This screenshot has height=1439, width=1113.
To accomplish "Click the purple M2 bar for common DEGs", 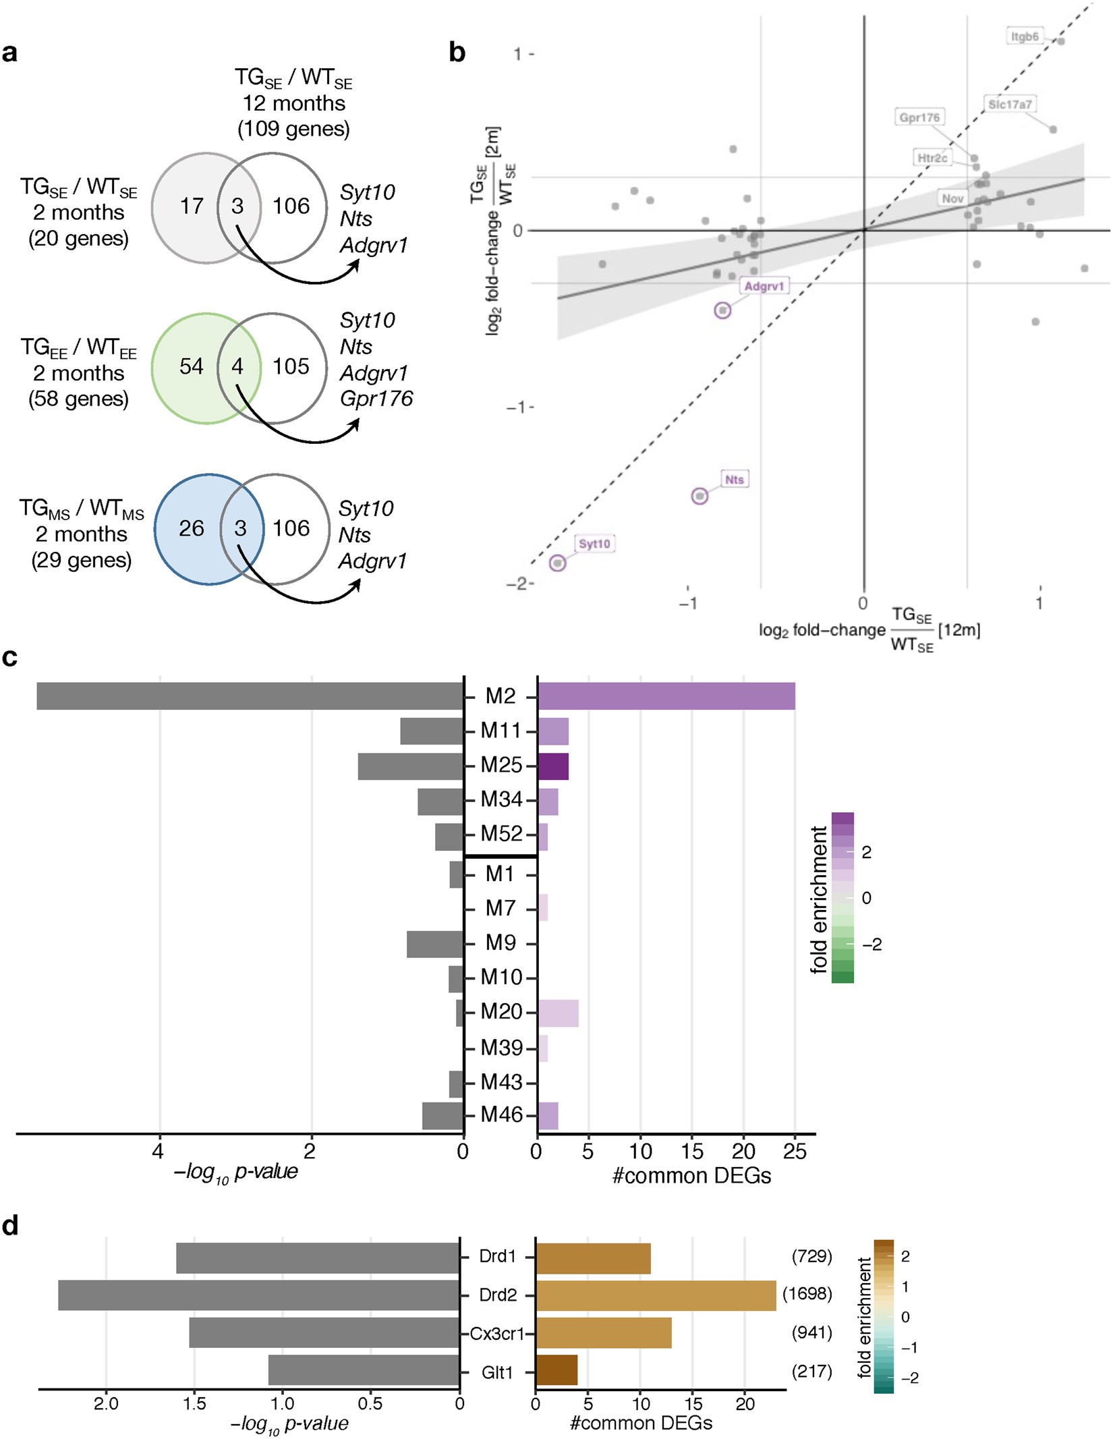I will pos(666,696).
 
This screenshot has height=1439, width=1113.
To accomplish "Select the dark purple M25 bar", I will pos(553,766).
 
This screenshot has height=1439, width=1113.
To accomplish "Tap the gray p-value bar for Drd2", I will pos(259,1295).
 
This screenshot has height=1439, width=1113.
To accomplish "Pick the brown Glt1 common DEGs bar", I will pos(556,1372).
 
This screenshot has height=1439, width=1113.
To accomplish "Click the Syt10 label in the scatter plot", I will pos(594,544).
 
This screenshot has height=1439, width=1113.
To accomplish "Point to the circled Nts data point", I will pos(700,496).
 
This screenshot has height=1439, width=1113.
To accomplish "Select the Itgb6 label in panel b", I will pos(1025,36).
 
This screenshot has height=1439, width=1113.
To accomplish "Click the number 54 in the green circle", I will pos(191,366).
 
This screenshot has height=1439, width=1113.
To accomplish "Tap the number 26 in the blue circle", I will pos(191,528).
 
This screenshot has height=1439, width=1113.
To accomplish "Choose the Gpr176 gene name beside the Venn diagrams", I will pos(376,399).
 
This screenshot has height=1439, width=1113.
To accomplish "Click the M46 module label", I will pos(501,1114).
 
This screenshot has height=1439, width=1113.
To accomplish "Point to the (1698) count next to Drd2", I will pos(807,1294).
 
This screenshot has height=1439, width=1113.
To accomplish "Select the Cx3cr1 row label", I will pos(497,1333).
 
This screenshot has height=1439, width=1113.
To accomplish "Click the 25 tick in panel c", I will pos(795,1152).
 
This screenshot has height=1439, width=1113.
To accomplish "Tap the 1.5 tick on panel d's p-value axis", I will pos(194,1403).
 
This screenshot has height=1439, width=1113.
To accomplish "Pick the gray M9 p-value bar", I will pos(435,943).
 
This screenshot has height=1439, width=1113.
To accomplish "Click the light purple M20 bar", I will pos(558,1013).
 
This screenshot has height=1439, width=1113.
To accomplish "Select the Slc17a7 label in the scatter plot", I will pos(1010,104).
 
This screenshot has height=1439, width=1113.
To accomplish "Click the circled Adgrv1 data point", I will pos(722,310).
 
